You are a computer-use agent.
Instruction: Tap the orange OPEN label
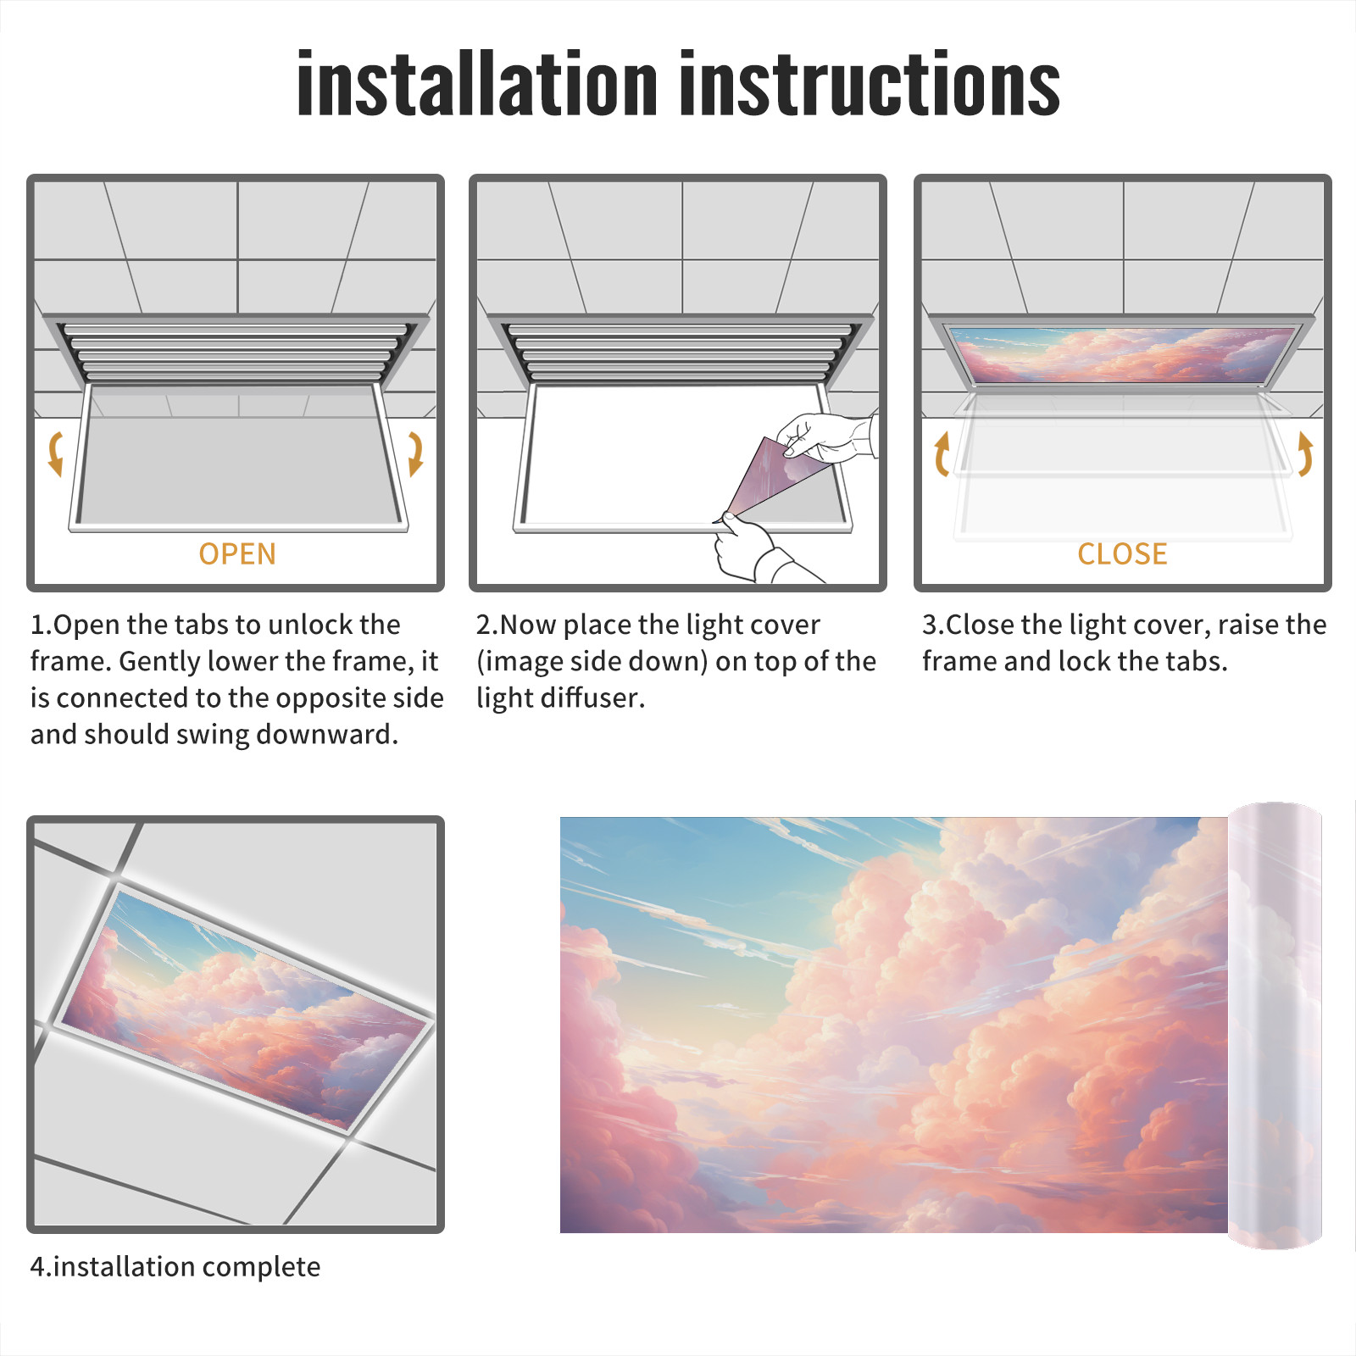[237, 554]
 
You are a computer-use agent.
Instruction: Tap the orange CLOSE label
[1122, 554]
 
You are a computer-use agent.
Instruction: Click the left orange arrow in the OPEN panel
[55, 453]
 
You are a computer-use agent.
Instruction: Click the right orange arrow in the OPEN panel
[415, 453]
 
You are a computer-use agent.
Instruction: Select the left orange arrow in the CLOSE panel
[942, 453]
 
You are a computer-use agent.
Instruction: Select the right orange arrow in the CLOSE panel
[1305, 453]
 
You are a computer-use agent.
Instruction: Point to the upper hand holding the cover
[826, 436]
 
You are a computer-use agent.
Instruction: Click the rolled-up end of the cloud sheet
[1275, 1025]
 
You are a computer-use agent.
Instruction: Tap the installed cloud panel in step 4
[244, 1009]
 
